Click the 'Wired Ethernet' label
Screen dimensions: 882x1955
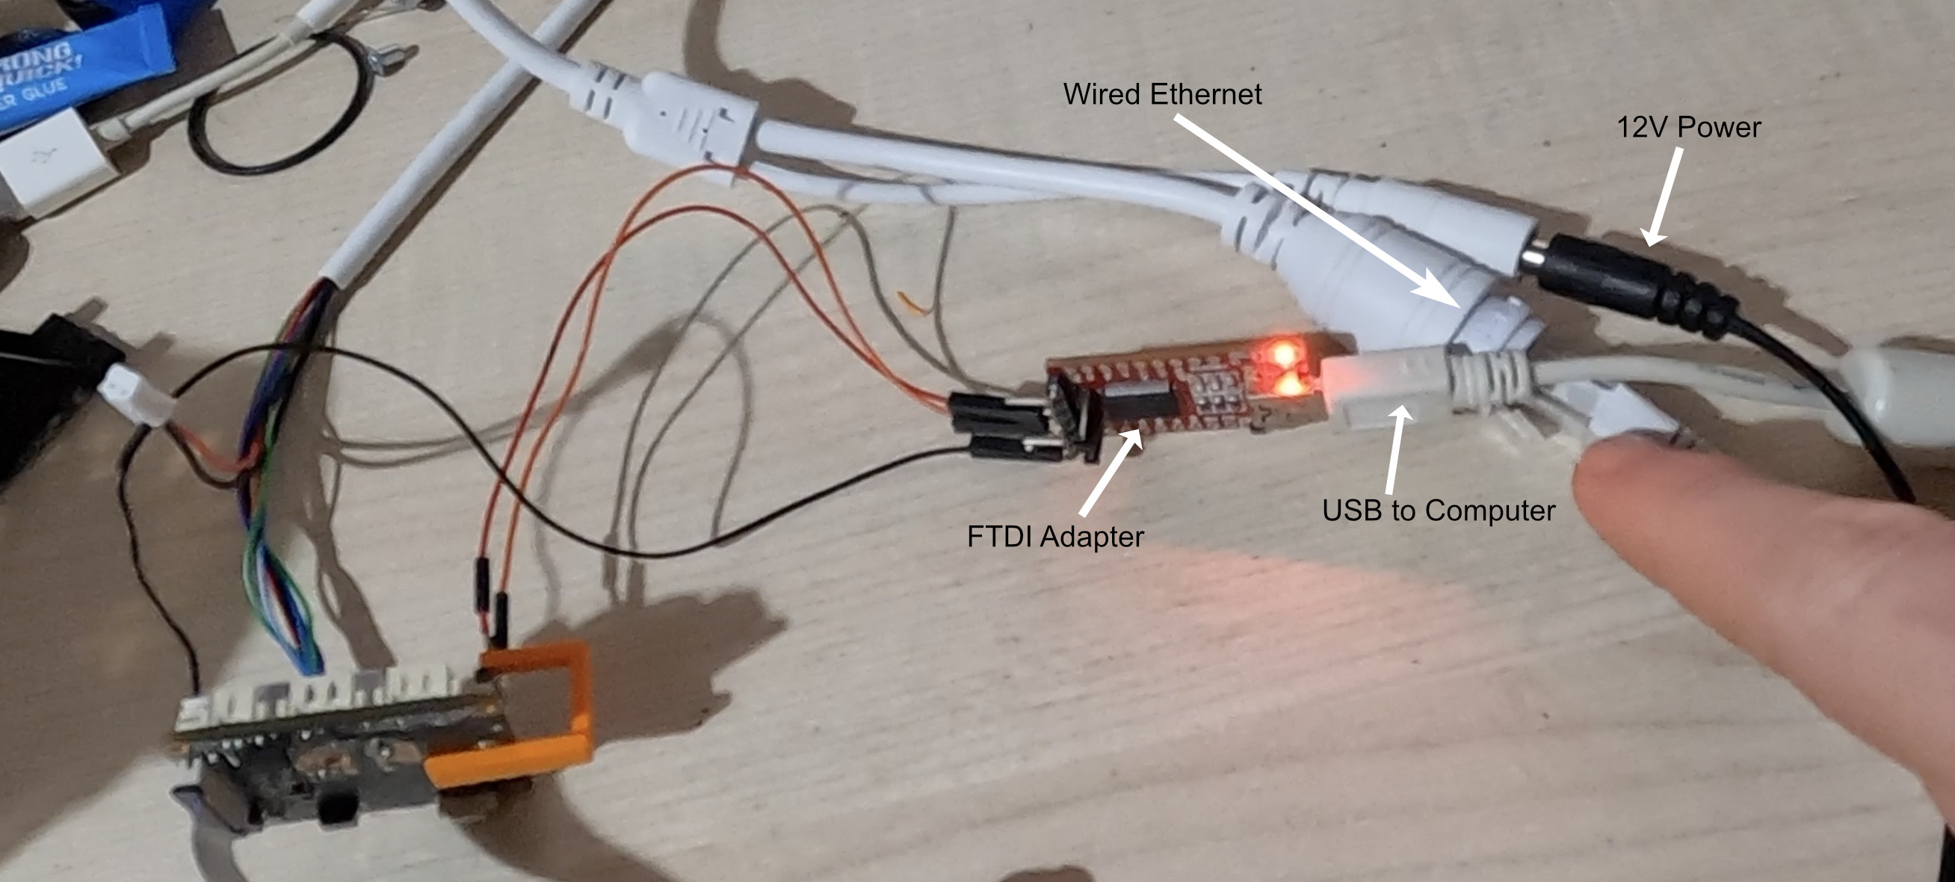(1162, 94)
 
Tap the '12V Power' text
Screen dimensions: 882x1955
(1688, 128)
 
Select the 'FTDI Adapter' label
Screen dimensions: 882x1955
(1055, 537)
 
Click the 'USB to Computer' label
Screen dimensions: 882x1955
(1438, 510)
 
